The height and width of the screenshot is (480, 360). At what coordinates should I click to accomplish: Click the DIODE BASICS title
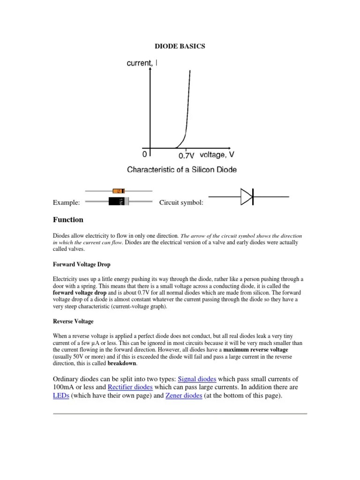[x=180, y=46]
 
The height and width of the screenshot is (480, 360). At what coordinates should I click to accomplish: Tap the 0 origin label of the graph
[x=144, y=154]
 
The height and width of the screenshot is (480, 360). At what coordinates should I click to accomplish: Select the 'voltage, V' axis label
[x=217, y=154]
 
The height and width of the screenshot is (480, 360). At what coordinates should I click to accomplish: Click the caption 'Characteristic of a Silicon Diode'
[x=182, y=169]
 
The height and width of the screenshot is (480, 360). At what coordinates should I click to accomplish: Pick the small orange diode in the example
[x=119, y=191]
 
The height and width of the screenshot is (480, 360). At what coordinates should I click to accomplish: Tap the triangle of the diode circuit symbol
[x=247, y=197]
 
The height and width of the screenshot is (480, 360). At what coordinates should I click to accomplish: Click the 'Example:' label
[x=66, y=202]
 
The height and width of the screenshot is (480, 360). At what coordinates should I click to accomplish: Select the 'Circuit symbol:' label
[x=181, y=202]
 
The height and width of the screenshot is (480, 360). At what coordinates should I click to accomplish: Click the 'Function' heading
[x=68, y=220]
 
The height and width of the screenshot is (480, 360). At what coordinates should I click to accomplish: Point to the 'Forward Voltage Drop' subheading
[x=82, y=264]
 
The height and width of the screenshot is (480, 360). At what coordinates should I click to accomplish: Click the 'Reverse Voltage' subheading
[x=73, y=322]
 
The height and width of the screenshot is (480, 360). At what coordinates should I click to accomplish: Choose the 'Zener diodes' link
[x=184, y=396]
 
